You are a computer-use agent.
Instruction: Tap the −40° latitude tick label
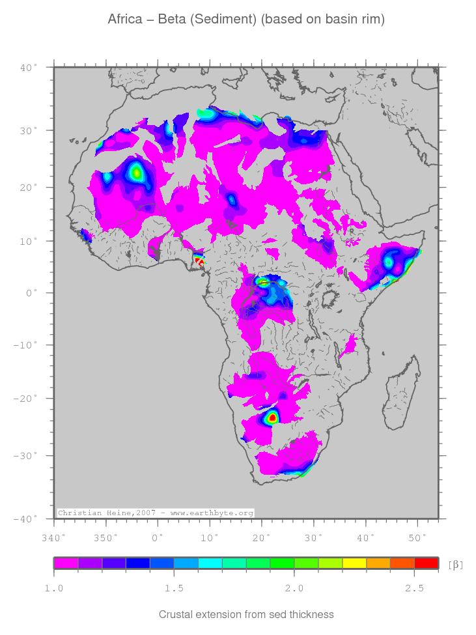[26, 518]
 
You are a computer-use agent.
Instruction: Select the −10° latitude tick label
[26, 345]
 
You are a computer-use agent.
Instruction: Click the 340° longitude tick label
[53, 537]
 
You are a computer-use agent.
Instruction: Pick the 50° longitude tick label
[417, 537]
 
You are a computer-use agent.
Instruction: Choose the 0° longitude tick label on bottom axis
[158, 537]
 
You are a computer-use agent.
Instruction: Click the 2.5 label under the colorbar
[414, 589]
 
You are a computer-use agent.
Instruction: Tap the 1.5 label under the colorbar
[174, 589]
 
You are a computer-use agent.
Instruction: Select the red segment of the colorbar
[426, 563]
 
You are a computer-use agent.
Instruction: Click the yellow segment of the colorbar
[354, 563]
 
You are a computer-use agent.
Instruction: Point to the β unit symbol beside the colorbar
[456, 564]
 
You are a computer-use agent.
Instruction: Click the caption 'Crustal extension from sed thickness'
[246, 614]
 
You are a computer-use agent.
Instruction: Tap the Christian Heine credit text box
[155, 513]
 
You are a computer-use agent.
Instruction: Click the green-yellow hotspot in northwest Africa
[136, 173]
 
